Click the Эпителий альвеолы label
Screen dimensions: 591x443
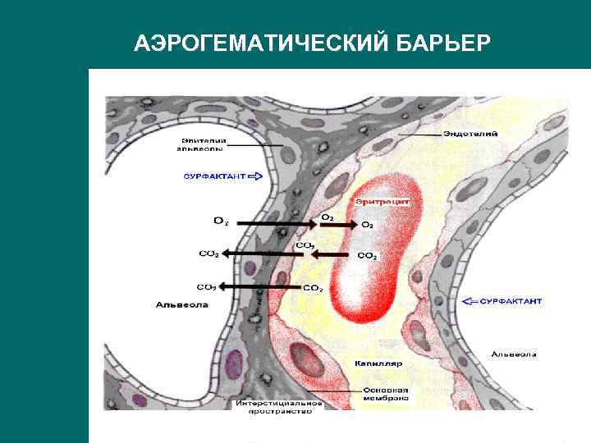pos(199,144)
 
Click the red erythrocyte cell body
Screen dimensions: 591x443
pos(373,263)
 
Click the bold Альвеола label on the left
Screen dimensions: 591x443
pos(181,305)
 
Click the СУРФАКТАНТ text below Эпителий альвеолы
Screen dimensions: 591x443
pos(214,176)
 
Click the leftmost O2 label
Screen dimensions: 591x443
pos(221,221)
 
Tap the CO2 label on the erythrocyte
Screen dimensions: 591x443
pos(367,256)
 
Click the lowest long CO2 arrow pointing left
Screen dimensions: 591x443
pos(259,286)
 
